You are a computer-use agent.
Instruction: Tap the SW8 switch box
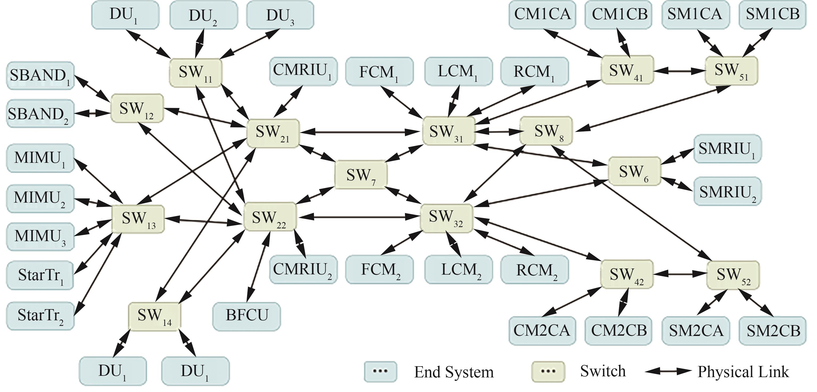(x=546, y=131)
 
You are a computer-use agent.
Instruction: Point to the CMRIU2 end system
(x=303, y=270)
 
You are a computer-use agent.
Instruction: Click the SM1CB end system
(x=772, y=15)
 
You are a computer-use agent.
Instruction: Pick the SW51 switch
(x=731, y=71)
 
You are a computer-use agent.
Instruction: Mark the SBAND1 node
(x=40, y=76)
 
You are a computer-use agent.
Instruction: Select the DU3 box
(x=280, y=15)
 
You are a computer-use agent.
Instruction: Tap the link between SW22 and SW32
(x=358, y=217)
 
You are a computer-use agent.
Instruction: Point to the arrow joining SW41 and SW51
(x=679, y=71)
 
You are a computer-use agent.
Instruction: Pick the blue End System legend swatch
(x=380, y=371)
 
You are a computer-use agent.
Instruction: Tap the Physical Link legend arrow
(x=668, y=371)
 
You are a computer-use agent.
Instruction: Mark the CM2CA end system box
(x=542, y=331)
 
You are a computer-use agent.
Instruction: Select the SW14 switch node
(x=155, y=316)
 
